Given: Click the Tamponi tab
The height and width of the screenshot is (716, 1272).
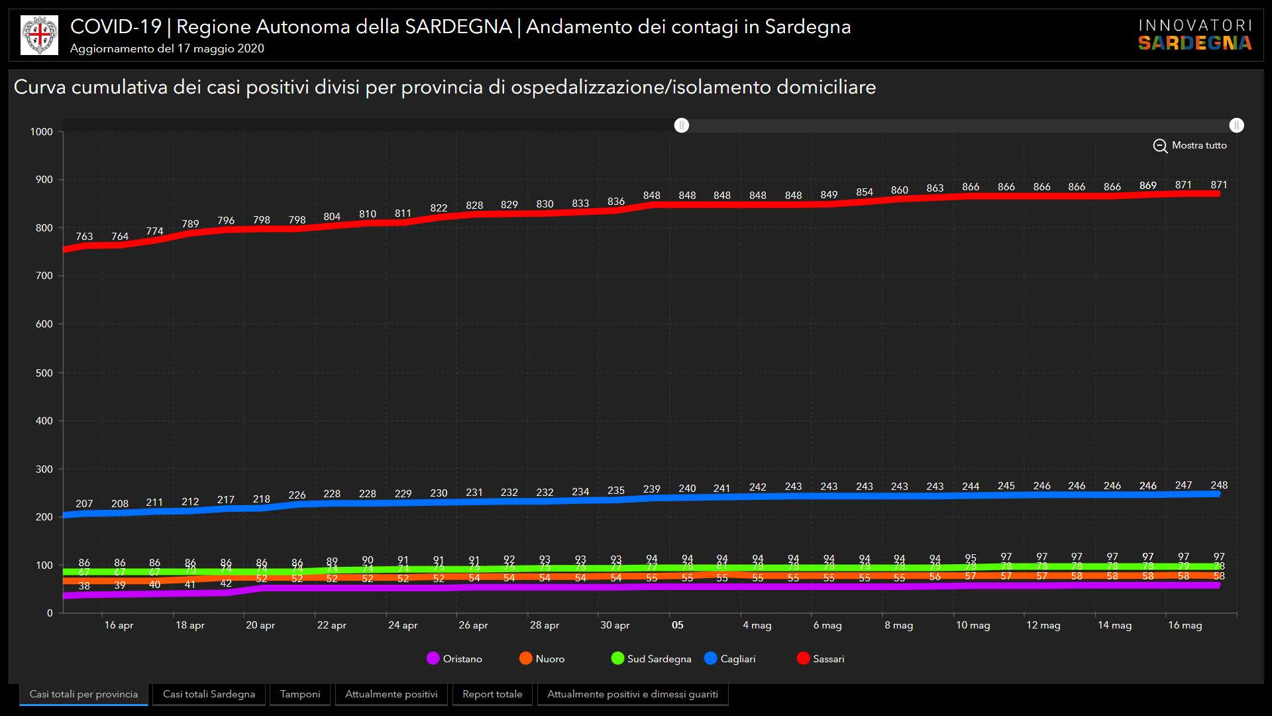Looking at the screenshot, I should pyautogui.click(x=299, y=694).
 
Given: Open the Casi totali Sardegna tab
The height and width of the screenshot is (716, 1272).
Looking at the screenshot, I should pyautogui.click(x=209, y=694).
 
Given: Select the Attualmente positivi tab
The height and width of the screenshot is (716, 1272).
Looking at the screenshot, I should pyautogui.click(x=391, y=694).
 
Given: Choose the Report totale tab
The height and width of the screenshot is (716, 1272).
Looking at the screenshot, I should pyautogui.click(x=492, y=694).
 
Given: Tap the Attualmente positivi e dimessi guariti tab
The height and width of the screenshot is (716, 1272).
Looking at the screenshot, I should pyautogui.click(x=632, y=694).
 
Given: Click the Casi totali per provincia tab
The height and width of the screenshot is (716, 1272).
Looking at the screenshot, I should pyautogui.click(x=83, y=694).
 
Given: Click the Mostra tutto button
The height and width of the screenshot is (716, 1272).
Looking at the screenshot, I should pyautogui.click(x=1191, y=145).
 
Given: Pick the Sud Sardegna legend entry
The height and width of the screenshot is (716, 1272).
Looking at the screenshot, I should pyautogui.click(x=651, y=658).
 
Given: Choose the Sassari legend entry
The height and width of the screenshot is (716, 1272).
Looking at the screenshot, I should pyautogui.click(x=821, y=658).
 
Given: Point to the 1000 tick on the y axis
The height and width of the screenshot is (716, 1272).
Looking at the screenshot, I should pyautogui.click(x=41, y=132).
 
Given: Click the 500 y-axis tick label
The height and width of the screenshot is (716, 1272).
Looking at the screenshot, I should pyautogui.click(x=44, y=373).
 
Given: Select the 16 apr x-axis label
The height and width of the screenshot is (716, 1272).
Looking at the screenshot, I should pyautogui.click(x=119, y=625).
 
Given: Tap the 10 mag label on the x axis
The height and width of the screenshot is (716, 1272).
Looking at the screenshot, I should pyautogui.click(x=973, y=625).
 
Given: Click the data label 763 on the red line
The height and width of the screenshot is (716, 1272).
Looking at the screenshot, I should pyautogui.click(x=84, y=237).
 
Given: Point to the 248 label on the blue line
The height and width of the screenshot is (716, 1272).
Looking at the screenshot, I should pyautogui.click(x=1219, y=485).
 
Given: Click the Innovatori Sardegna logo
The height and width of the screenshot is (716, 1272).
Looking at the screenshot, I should pyautogui.click(x=1195, y=34).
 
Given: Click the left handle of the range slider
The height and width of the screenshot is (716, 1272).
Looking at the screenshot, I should pyautogui.click(x=682, y=125).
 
